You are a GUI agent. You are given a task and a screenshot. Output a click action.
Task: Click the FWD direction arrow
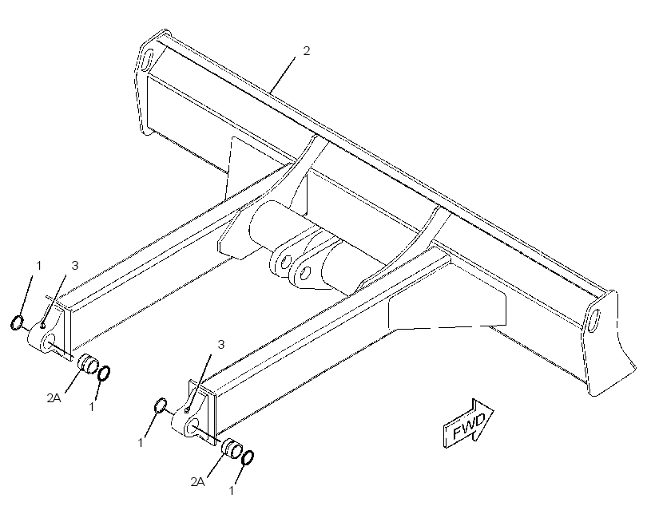[x=468, y=424]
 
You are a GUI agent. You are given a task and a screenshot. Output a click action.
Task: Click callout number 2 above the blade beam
[x=306, y=51]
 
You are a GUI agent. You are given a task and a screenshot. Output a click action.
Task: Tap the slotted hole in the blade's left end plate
[x=149, y=59]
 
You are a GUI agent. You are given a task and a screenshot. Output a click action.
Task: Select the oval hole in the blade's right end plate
[x=593, y=320]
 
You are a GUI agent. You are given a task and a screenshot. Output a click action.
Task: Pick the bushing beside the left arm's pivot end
[x=88, y=363]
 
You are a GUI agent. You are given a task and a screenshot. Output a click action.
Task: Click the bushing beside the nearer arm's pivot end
[x=232, y=448]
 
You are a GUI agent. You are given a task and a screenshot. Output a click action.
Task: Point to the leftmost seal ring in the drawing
[x=17, y=322]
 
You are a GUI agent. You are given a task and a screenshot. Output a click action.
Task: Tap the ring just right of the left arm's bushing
[x=104, y=373]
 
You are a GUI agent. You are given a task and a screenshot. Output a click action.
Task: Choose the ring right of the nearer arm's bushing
[x=248, y=457]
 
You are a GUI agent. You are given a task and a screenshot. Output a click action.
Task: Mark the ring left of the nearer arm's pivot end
[x=161, y=405]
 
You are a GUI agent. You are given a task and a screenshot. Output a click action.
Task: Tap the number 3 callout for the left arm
[x=75, y=266]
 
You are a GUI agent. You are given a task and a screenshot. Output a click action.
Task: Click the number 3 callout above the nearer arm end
[x=221, y=345]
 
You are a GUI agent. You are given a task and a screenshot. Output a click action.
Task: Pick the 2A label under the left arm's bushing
[x=54, y=398]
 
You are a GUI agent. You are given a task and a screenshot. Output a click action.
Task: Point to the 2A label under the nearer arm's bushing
[x=197, y=482]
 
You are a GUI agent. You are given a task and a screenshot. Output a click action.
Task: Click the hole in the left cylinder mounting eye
[x=286, y=263]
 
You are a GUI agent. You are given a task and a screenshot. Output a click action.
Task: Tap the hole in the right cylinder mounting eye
[x=305, y=274]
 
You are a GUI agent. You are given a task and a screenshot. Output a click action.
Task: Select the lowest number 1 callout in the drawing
[x=232, y=490]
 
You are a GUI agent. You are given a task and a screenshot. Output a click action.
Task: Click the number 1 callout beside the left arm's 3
[x=39, y=266]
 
